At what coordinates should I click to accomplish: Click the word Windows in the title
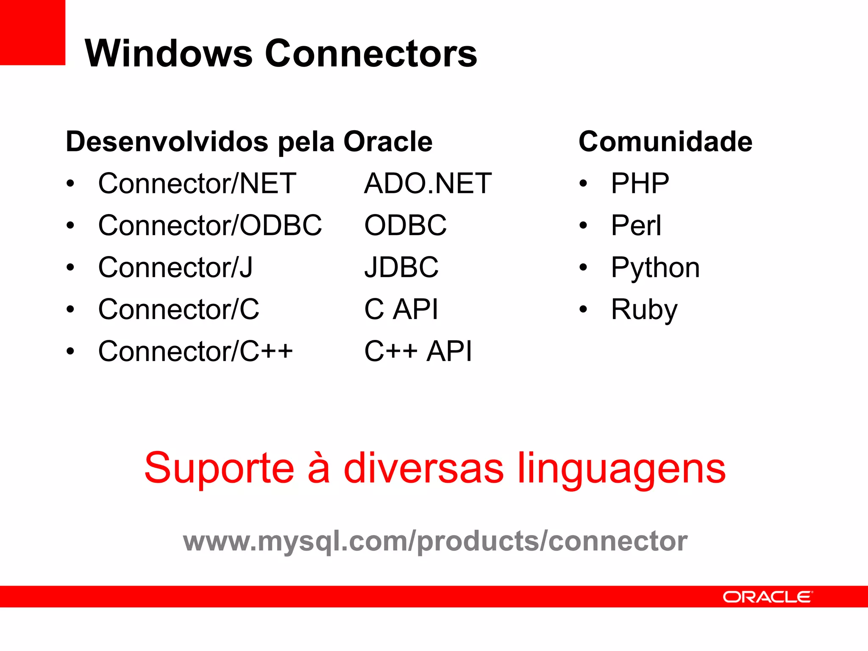click(169, 53)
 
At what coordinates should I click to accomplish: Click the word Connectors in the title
click(371, 53)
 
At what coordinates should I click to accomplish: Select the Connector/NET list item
click(197, 184)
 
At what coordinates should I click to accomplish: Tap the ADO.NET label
click(428, 184)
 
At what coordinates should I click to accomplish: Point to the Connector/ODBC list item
click(210, 225)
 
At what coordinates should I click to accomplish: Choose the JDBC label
click(401, 267)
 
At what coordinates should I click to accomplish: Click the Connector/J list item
click(175, 267)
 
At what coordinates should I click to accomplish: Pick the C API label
click(401, 309)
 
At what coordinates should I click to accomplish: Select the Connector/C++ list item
click(195, 351)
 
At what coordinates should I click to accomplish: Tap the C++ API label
click(418, 351)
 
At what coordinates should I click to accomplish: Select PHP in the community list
click(640, 184)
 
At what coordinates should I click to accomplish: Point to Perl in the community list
click(636, 225)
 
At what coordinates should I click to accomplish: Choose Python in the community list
click(655, 268)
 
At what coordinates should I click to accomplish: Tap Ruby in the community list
click(644, 310)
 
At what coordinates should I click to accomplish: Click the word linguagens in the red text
click(622, 469)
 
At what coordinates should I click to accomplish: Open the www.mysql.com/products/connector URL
click(435, 541)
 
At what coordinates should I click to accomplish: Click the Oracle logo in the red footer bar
click(768, 597)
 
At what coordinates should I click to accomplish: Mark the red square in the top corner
click(33, 32)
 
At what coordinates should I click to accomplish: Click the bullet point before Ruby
click(584, 309)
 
